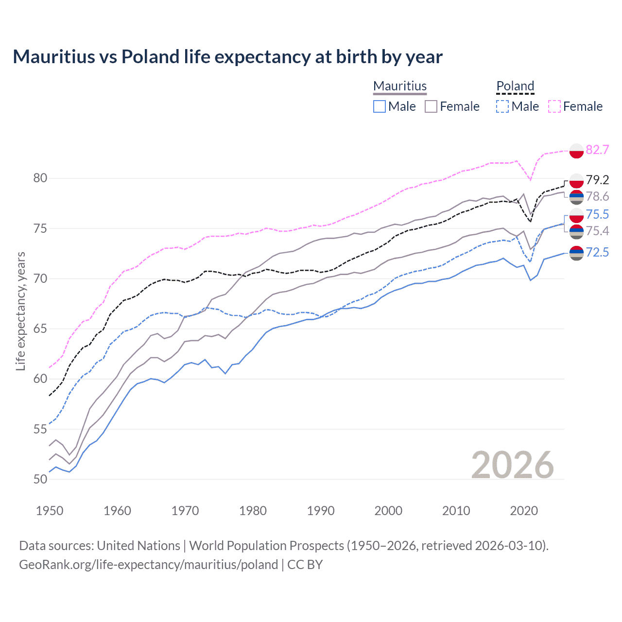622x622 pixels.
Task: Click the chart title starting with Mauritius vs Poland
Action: pos(227,57)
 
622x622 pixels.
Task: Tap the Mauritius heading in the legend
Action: pos(400,86)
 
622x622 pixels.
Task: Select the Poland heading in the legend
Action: pos(515,86)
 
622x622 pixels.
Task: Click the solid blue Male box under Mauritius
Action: pos(380,106)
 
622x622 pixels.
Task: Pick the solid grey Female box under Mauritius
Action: pos(431,106)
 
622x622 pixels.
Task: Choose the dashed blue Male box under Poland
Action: pos(502,106)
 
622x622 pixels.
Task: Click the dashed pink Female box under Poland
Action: pos(554,106)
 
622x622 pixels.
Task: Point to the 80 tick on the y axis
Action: pos(40,178)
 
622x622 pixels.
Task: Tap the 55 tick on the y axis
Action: pos(40,429)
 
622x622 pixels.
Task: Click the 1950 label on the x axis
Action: pos(50,511)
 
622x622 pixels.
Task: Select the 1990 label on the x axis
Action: pos(321,511)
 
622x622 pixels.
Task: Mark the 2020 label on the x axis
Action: pos(524,511)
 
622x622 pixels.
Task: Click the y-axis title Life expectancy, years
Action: pos(21,311)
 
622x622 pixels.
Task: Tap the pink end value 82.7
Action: pos(597,150)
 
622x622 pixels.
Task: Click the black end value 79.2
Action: pos(597,180)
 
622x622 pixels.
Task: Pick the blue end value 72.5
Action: pos(597,252)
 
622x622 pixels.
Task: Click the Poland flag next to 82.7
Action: pos(576,151)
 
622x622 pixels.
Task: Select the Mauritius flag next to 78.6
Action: pos(576,197)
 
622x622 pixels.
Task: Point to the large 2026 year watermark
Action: pos(512,465)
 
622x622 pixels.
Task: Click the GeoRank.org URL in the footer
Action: pos(148,565)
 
